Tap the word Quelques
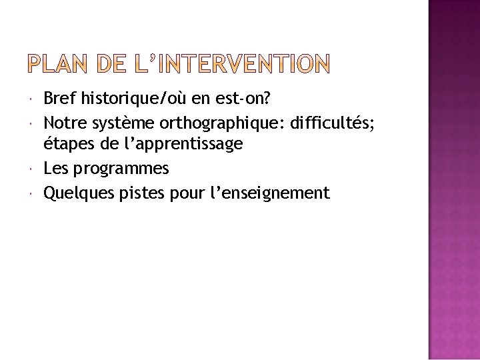(73, 193)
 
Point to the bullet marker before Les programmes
(32, 169)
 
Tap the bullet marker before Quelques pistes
(32, 193)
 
